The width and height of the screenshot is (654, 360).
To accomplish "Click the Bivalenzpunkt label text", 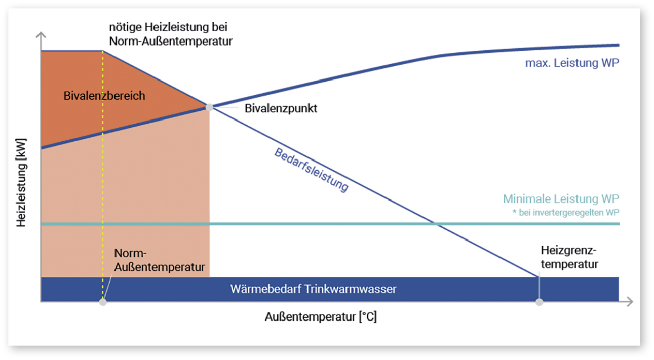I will point(281,108).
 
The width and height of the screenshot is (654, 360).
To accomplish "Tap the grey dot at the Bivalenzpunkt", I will point(209,107).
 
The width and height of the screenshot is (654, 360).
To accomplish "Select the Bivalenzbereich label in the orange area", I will point(104,96).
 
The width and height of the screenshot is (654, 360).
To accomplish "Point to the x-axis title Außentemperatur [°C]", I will point(321,317).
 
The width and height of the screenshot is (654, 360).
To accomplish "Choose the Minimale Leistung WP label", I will point(561,199).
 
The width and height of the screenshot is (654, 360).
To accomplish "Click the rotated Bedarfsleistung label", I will point(312,170).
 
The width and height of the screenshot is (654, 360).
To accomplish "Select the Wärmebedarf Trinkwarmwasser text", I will point(313,289).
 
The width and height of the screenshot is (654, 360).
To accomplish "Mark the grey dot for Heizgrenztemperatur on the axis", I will point(540,302).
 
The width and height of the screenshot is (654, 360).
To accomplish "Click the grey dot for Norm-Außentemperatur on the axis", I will point(103,302).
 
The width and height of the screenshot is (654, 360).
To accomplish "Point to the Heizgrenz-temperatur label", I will point(569,257).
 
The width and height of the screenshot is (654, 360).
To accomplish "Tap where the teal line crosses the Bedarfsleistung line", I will point(434,224).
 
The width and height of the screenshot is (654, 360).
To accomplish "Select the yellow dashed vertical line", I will point(103,177).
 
